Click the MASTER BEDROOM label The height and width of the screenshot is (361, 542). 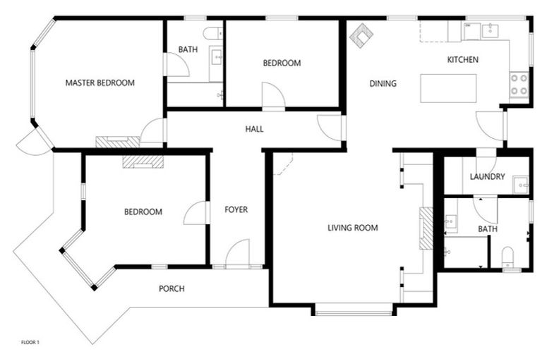tap(100, 82)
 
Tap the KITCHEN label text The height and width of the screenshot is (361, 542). tap(463, 60)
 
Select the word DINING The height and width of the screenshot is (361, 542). tap(383, 84)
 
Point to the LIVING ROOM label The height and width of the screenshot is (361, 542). tap(353, 228)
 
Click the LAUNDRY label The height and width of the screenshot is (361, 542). tap(487, 177)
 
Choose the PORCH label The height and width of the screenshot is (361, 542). tap(171, 288)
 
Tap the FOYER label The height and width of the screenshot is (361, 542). tap(236, 209)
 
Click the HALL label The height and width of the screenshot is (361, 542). tap(254, 129)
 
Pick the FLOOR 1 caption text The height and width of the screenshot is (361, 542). tap(30, 343)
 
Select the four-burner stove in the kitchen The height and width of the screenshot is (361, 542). tap(519, 84)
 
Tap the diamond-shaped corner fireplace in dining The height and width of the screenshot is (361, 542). tap(363, 37)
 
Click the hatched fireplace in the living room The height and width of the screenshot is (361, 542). tap(426, 228)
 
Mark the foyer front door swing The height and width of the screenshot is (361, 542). tap(239, 254)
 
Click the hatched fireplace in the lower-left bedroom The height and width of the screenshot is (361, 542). tap(143, 161)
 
